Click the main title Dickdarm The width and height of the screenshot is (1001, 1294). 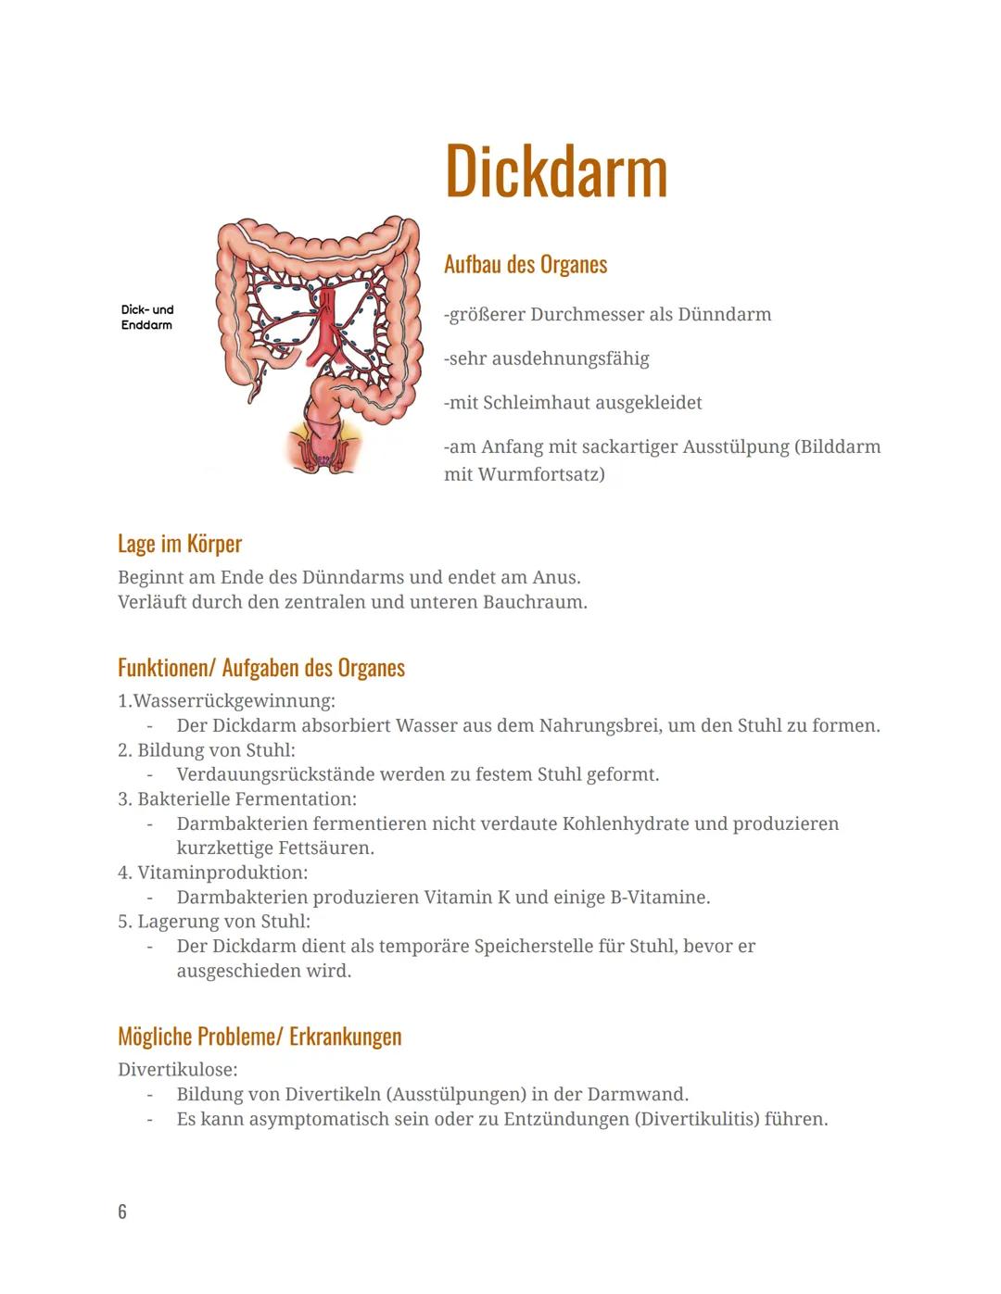[555, 171]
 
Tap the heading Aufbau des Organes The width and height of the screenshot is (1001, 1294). [526, 264]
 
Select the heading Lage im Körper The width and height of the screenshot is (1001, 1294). [180, 544]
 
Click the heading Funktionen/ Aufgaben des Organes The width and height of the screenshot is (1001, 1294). [261, 668]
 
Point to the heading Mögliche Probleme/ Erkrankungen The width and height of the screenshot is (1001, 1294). [260, 1036]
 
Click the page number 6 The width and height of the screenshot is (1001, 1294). [122, 1212]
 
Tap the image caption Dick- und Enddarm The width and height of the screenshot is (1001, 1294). [146, 318]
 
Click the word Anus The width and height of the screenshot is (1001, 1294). [555, 577]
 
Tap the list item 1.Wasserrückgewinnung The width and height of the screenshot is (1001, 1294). [226, 700]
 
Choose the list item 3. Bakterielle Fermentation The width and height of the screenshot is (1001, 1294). [237, 798]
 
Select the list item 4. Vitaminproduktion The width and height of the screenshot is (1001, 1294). [213, 873]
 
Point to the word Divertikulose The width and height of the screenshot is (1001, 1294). [177, 1070]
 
